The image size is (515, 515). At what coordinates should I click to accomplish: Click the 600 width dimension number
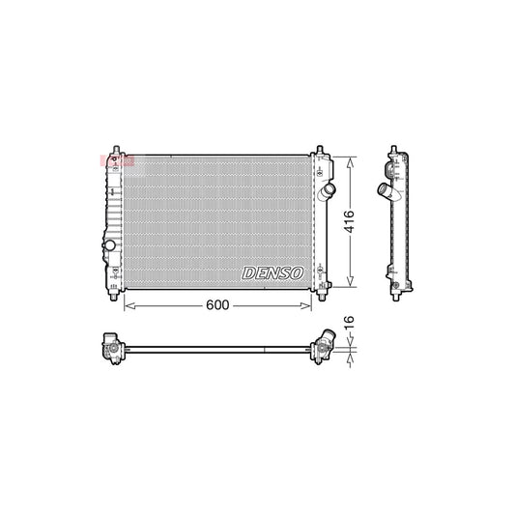tap(217, 306)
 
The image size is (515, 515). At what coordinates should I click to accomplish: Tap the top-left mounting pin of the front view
tap(116, 149)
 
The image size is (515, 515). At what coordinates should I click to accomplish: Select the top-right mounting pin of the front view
tap(320, 149)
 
